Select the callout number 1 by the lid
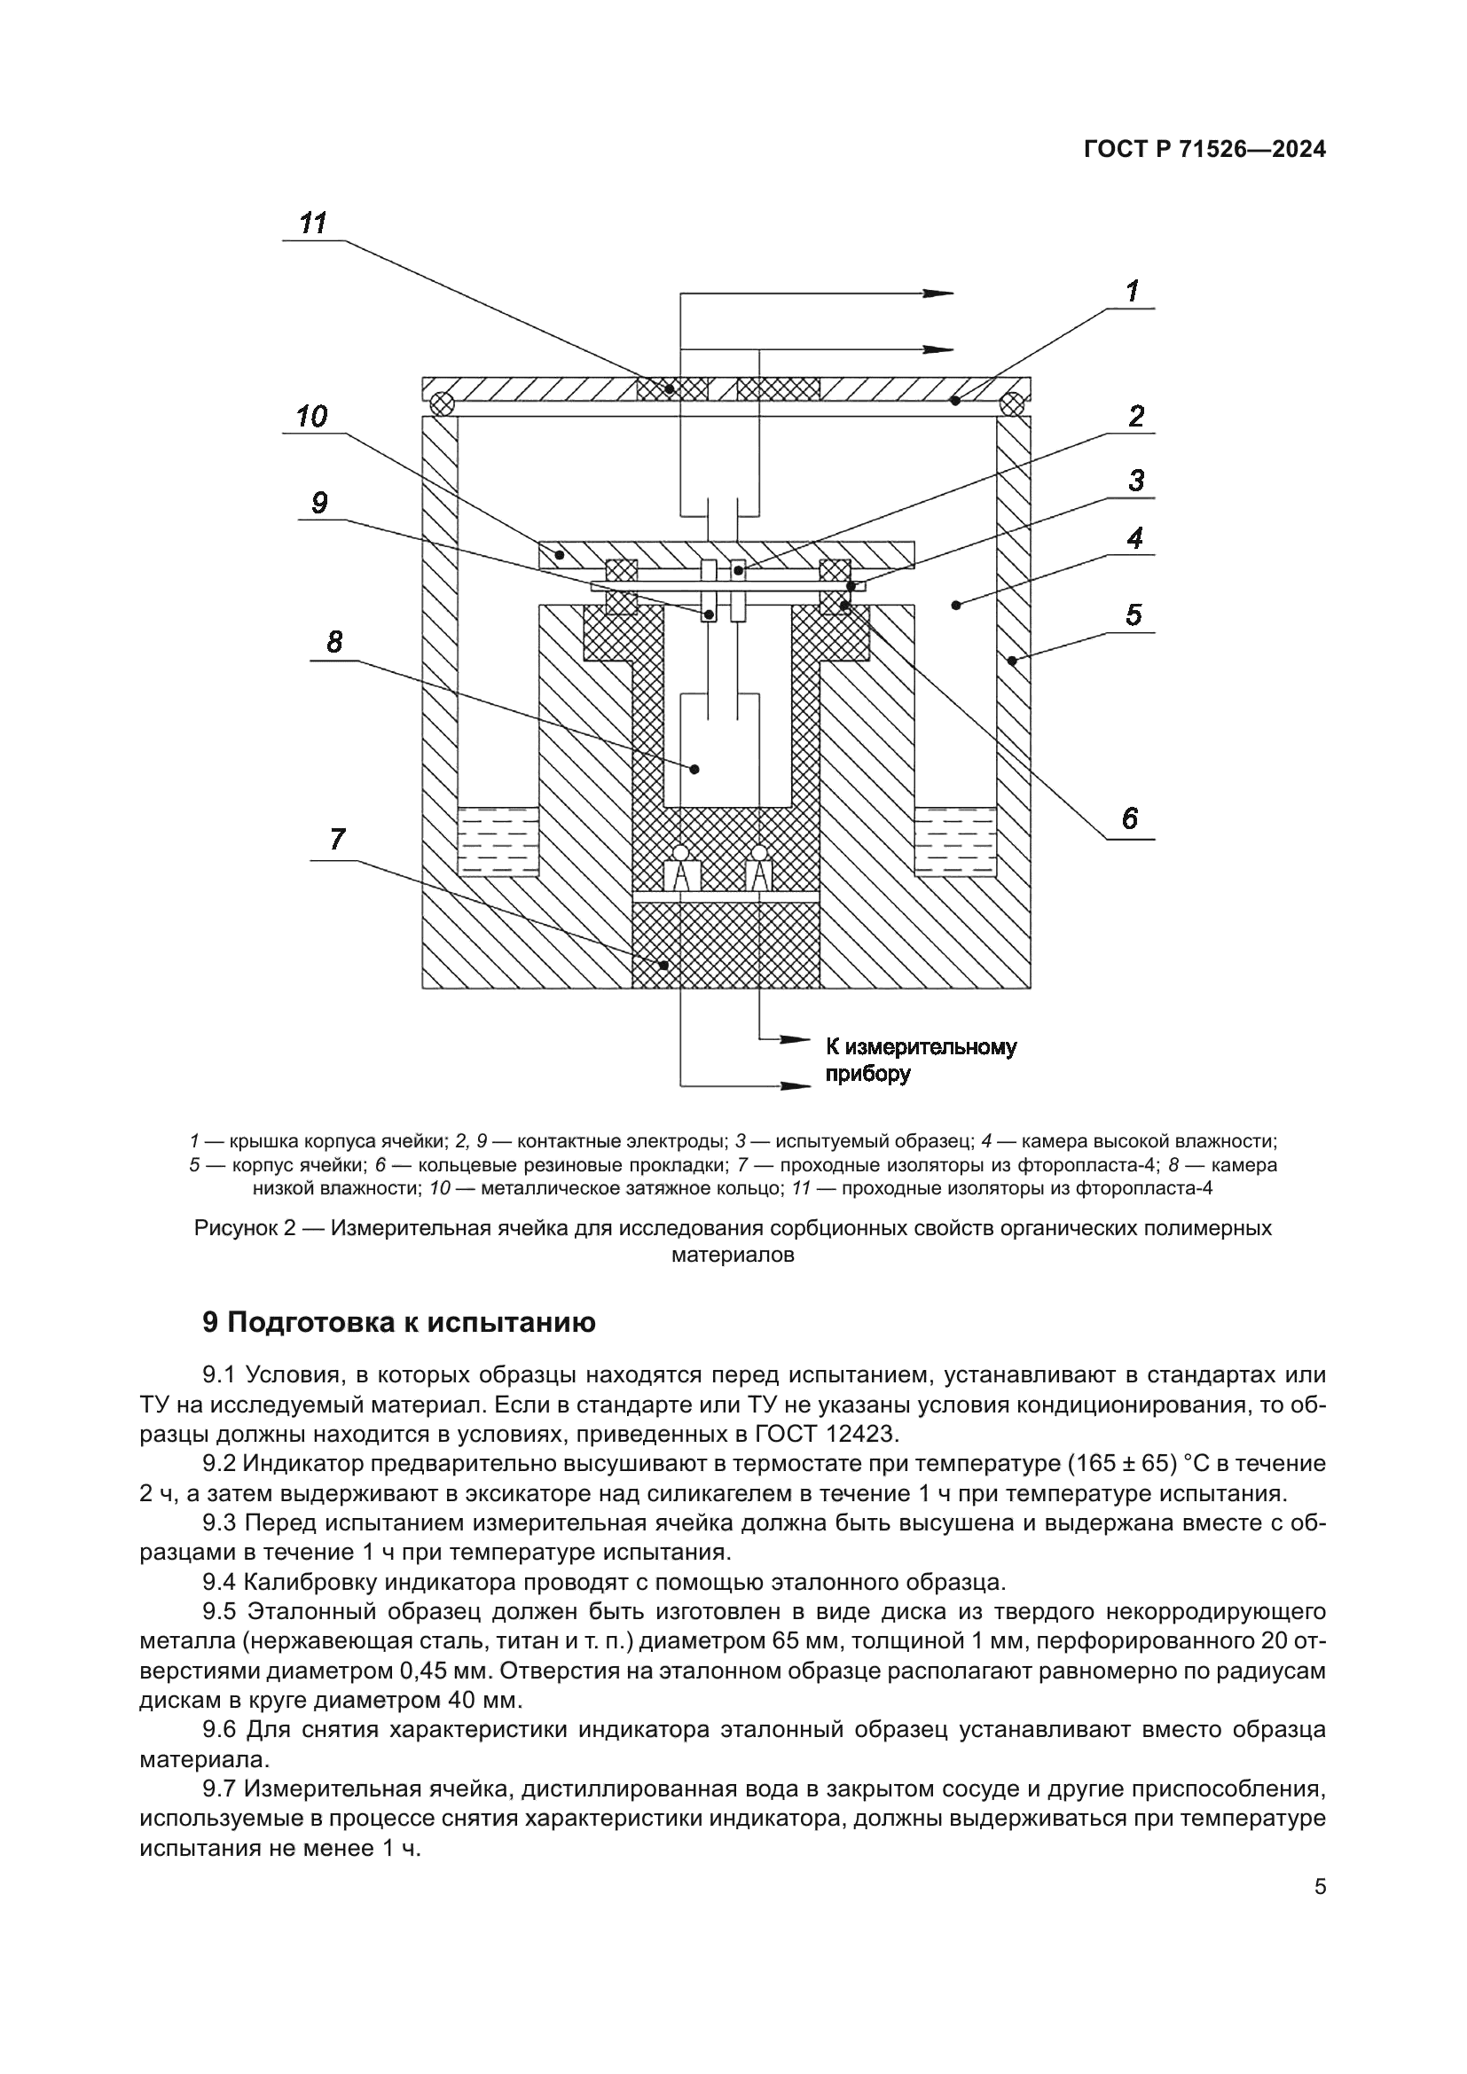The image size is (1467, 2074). click(1131, 291)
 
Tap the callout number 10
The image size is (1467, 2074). click(311, 418)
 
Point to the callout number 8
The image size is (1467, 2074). click(334, 642)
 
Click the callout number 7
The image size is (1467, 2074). click(337, 840)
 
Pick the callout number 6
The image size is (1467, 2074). click(1129, 819)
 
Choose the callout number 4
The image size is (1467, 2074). click(1134, 538)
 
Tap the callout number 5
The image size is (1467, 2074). click(1133, 615)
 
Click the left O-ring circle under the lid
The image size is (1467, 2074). click(440, 403)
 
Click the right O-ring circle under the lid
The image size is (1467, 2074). click(1013, 403)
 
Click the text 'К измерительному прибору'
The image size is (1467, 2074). click(920, 1060)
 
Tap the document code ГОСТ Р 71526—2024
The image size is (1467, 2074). click(1204, 151)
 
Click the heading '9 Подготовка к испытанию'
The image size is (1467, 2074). click(398, 1322)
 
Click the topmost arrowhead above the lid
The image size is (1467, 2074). click(939, 293)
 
